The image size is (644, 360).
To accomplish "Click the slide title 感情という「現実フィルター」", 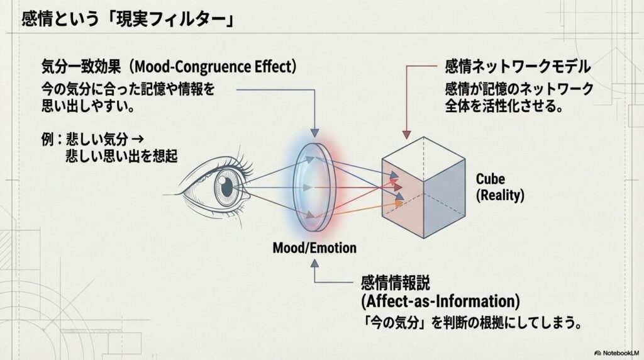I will (x=128, y=20).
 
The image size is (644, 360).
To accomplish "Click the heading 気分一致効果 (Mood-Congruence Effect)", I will (x=168, y=66).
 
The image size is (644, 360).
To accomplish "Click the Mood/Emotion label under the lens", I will (x=314, y=247).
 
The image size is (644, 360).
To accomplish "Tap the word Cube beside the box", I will (x=491, y=179).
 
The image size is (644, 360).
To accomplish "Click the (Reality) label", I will (x=500, y=195).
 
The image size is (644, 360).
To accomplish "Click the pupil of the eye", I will (x=226, y=184).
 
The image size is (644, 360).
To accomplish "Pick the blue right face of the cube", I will (x=447, y=201).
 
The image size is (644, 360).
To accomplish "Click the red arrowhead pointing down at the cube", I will (x=406, y=133).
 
